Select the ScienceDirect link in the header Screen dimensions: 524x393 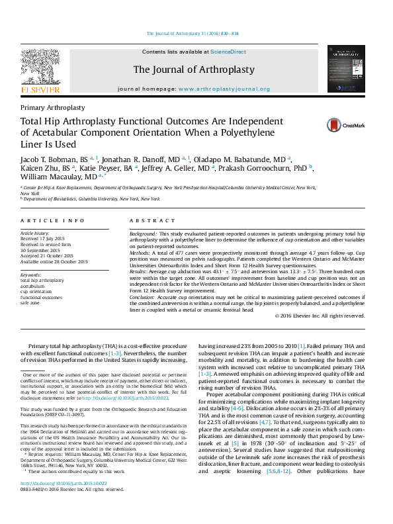[228, 52]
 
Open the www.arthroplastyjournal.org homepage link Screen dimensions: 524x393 [224, 89]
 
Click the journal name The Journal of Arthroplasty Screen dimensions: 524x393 [194, 69]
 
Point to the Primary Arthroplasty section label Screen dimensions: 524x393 [53, 107]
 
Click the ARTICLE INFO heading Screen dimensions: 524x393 [52, 220]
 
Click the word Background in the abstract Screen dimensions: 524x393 [143, 234]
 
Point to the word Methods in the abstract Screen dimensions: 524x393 [141, 252]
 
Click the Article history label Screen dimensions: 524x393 [35, 234]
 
